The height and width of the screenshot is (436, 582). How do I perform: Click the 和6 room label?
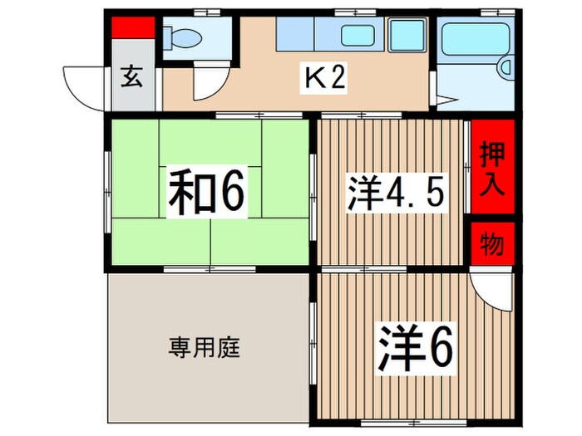tap(207, 193)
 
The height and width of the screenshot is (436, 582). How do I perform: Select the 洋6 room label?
tap(418, 349)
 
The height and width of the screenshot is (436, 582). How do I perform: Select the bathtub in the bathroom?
tap(477, 38)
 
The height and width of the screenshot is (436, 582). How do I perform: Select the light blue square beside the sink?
tap(407, 35)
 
